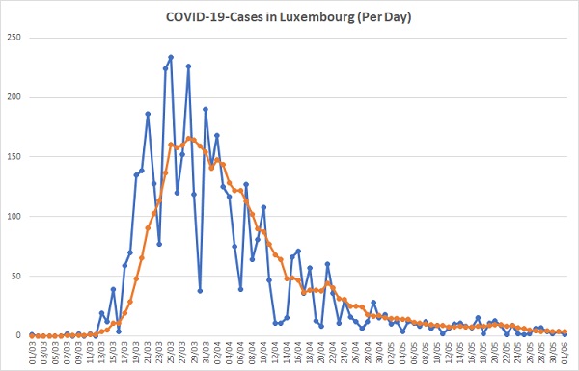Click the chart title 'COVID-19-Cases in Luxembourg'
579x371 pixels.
click(x=260, y=17)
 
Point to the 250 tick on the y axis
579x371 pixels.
click(x=14, y=38)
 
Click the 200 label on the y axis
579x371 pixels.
click(x=14, y=97)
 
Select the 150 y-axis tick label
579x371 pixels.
click(x=14, y=157)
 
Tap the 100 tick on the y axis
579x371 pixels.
click(x=14, y=217)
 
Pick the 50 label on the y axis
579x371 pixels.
click(x=16, y=277)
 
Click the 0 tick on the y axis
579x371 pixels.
click(x=19, y=335)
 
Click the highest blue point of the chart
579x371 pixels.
click(x=171, y=57)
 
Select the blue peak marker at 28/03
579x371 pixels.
click(x=188, y=66)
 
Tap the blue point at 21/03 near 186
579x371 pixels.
click(x=148, y=114)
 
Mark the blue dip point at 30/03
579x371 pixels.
click(x=200, y=291)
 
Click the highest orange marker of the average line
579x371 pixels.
click(x=188, y=139)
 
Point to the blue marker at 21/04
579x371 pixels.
click(x=327, y=264)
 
